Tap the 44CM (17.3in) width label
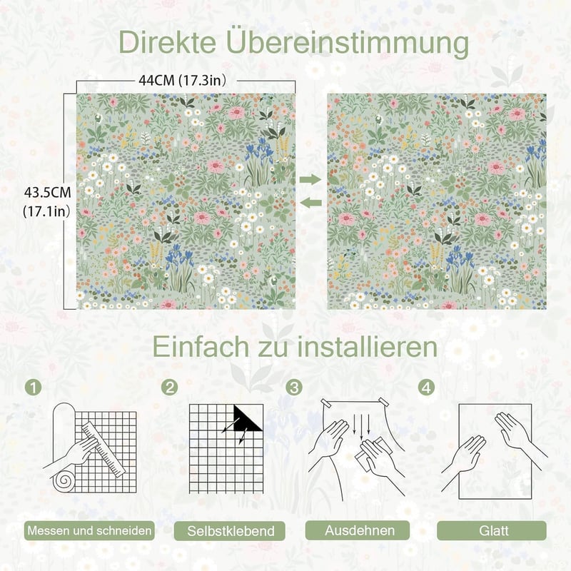click(x=183, y=80)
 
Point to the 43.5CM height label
click(x=47, y=192)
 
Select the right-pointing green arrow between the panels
click(x=310, y=179)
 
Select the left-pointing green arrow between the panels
click(x=312, y=203)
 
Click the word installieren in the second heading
click(x=368, y=347)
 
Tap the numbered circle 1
click(x=34, y=388)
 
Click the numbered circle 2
click(x=170, y=388)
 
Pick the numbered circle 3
click(x=294, y=388)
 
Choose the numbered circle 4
click(x=426, y=388)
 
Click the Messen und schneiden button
click(x=90, y=530)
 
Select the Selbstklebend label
click(x=230, y=530)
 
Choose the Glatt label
click(x=492, y=530)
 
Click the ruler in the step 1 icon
click(x=103, y=450)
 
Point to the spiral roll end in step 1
click(x=64, y=480)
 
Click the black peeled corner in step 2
click(x=247, y=418)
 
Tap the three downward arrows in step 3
click(x=362, y=425)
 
